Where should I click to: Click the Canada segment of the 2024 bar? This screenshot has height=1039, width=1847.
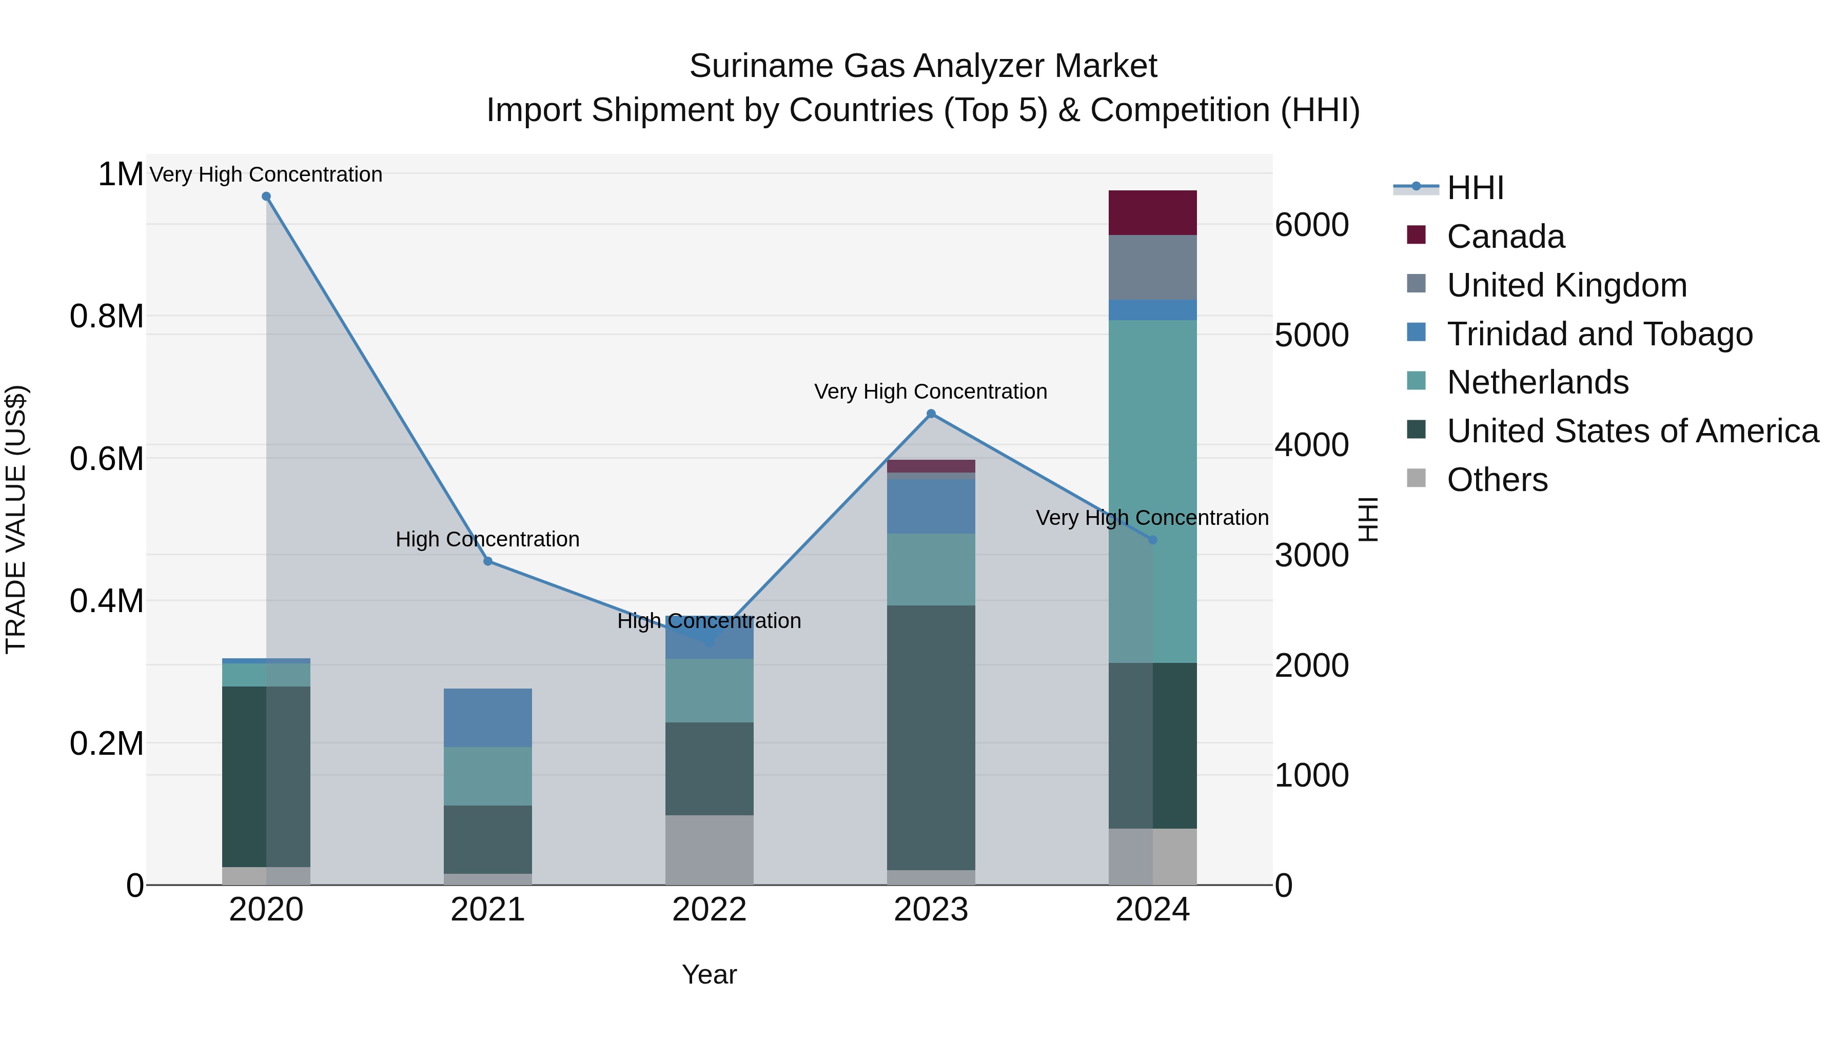click(1152, 212)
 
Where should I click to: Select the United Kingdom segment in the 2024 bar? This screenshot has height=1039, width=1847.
click(1152, 267)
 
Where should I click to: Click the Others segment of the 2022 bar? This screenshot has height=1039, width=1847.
click(709, 849)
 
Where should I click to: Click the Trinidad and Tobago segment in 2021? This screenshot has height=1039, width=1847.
click(487, 717)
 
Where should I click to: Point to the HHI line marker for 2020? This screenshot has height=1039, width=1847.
click(266, 197)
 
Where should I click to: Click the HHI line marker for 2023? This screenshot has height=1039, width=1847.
click(931, 414)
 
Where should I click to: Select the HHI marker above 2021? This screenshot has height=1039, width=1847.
click(487, 561)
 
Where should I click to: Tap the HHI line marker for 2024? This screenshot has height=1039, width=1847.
click(1152, 540)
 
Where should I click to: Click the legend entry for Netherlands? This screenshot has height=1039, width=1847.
click(1537, 382)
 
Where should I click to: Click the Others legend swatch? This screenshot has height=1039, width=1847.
click(1416, 478)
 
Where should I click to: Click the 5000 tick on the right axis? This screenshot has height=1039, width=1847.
click(1311, 335)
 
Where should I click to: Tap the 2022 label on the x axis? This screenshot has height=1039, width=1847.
click(709, 910)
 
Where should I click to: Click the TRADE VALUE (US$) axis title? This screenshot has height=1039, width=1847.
click(16, 519)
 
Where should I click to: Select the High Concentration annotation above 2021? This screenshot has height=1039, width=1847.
click(487, 539)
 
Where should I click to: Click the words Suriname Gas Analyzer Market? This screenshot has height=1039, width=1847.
click(923, 66)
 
